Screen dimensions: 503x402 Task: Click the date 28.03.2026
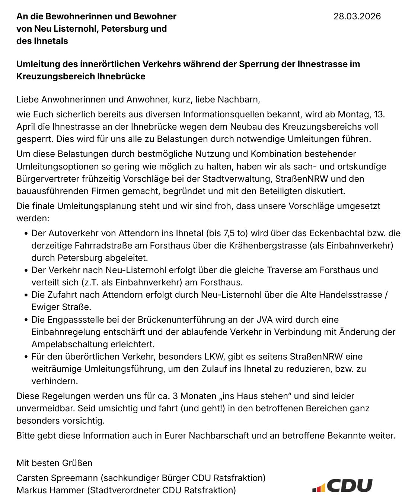[x=357, y=16]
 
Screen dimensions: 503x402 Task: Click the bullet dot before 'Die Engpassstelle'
[x=26, y=320]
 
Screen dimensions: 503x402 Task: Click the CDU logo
[x=342, y=486]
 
